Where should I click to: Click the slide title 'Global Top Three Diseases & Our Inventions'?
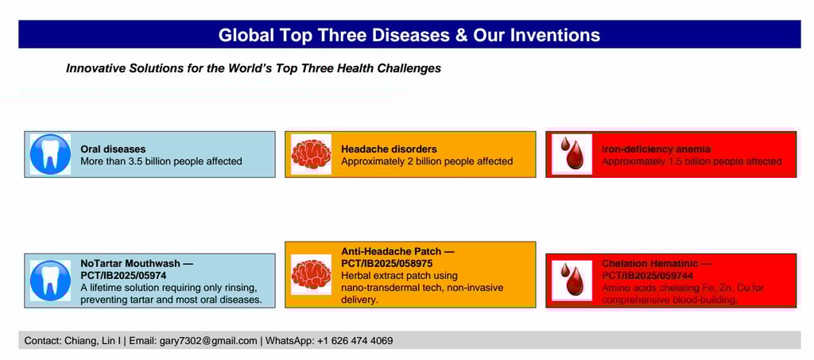(x=409, y=35)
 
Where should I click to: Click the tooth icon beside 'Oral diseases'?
(x=50, y=154)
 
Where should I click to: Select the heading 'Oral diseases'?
(x=113, y=149)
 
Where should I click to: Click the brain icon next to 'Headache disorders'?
(x=311, y=154)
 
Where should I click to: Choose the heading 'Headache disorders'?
(x=389, y=149)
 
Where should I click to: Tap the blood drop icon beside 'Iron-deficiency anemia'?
(x=572, y=154)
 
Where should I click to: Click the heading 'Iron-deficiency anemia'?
(x=656, y=149)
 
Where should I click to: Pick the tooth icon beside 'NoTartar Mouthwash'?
(x=50, y=281)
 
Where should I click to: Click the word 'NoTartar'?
(x=102, y=264)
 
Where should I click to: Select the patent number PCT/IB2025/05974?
(x=123, y=276)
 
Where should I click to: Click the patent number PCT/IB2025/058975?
(x=387, y=264)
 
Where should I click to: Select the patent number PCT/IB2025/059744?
(x=647, y=276)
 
